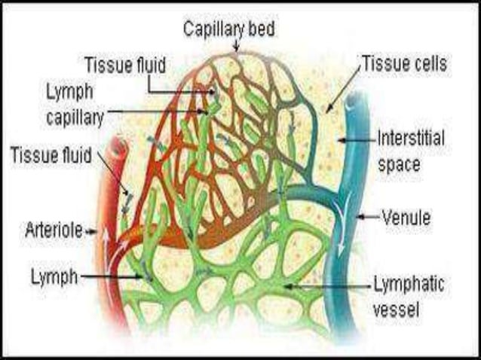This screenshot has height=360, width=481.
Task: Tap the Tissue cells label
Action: pos(405,63)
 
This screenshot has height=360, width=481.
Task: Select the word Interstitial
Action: pos(410,139)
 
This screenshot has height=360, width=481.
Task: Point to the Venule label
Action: pos(406,218)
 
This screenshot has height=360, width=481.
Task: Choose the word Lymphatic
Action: pos(409,285)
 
